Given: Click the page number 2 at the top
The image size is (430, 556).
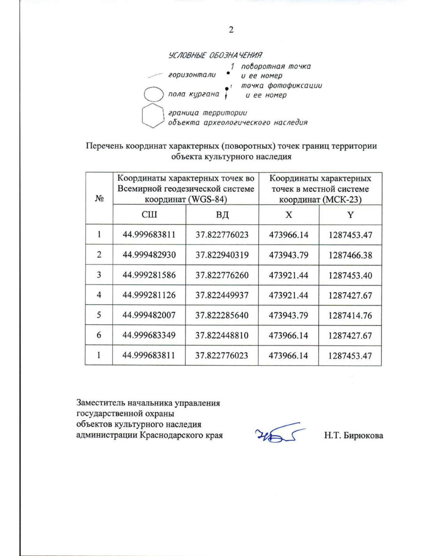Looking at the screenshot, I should (231, 30).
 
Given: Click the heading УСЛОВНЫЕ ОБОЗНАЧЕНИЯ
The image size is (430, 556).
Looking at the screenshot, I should (215, 55).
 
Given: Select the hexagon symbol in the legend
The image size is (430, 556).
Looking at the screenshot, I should (153, 115).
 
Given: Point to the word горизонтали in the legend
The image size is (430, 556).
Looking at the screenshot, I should (192, 75).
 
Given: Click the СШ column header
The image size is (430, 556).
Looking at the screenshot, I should (149, 215).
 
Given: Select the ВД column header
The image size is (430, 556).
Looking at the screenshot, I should (222, 215).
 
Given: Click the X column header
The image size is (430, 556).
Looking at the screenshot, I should (289, 215).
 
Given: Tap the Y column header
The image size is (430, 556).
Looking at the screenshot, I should (350, 215).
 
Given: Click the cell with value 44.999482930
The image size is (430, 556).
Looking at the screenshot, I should (149, 255).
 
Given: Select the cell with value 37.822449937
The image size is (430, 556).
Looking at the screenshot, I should (222, 295).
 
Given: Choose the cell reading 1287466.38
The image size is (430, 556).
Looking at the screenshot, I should (350, 255).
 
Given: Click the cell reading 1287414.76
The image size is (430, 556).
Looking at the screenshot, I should (350, 315).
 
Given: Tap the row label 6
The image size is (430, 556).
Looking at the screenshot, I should (99, 335).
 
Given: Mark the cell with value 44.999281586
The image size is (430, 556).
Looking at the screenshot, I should (149, 275).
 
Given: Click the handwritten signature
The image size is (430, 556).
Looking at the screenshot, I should (279, 434).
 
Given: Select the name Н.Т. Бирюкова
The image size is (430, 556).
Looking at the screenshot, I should (353, 435).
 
